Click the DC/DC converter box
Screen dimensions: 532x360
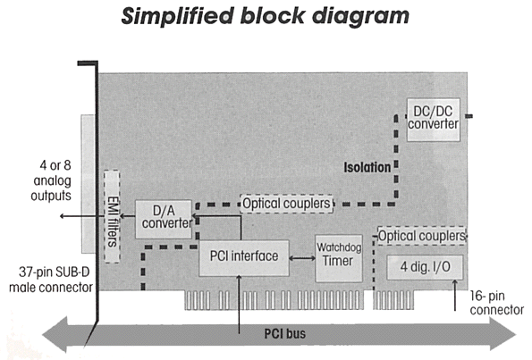pyautogui.click(x=434, y=120)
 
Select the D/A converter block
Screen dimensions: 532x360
pyautogui.click(x=164, y=219)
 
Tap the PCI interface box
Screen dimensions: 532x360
pyautogui.click(x=244, y=258)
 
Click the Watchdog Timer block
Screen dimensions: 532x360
pyautogui.click(x=339, y=258)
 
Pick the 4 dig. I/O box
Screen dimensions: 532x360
pyautogui.click(x=425, y=267)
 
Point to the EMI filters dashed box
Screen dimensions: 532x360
pyautogui.click(x=112, y=216)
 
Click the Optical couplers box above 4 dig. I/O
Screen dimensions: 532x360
pyautogui.click(x=422, y=236)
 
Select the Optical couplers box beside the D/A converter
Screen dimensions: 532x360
pyautogui.click(x=286, y=204)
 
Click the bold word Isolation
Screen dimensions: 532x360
pyautogui.click(x=367, y=167)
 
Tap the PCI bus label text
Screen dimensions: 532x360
pyautogui.click(x=284, y=333)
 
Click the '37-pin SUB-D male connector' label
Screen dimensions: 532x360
pyautogui.click(x=51, y=280)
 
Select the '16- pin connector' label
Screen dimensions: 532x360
pyautogui.click(x=497, y=303)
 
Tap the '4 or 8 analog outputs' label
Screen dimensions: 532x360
pyautogui.click(x=52, y=180)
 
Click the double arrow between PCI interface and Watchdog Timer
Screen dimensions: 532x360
pyautogui.click(x=302, y=258)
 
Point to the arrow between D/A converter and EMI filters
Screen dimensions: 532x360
pyautogui.click(x=128, y=216)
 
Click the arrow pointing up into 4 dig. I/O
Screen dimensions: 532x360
pyautogui.click(x=455, y=295)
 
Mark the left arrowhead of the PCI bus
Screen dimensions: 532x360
pyautogui.click(x=55, y=334)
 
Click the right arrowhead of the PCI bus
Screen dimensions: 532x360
pyautogui.click(x=503, y=334)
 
